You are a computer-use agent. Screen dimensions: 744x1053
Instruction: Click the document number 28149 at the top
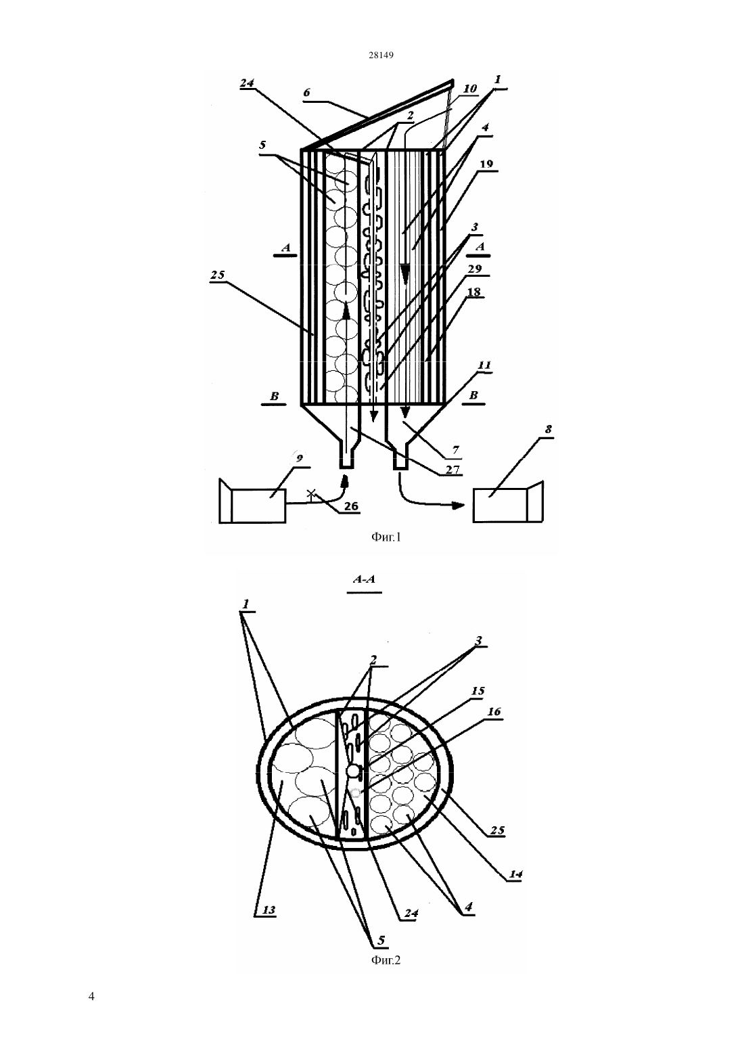381,55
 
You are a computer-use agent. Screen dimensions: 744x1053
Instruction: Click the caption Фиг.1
386,537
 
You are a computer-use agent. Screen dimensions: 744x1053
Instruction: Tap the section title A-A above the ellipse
364,579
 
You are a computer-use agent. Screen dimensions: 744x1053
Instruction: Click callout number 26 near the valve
351,506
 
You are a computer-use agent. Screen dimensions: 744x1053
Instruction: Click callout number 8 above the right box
548,429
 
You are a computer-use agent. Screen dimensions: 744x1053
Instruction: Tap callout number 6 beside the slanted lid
306,92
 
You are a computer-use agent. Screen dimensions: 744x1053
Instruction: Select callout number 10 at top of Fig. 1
469,89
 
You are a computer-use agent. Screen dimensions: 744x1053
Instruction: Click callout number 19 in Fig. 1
486,164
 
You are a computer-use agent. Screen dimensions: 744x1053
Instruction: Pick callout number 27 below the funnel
452,470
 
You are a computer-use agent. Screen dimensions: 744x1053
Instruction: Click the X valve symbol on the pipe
310,493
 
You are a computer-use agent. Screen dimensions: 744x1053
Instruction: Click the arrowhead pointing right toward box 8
458,506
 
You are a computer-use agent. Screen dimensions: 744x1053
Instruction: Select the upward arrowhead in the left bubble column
346,312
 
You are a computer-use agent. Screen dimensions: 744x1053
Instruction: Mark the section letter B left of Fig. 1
274,397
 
